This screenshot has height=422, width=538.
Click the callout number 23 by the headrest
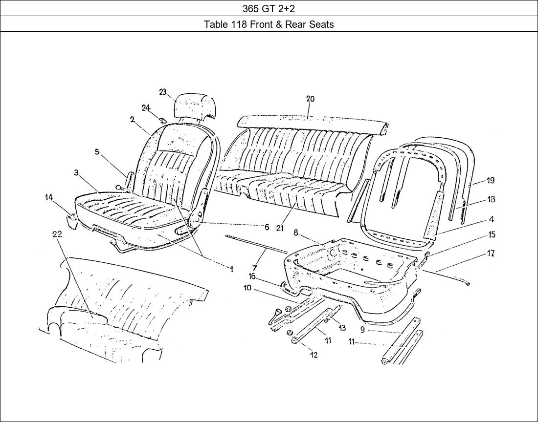(x=163, y=92)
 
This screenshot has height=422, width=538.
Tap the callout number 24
(x=146, y=108)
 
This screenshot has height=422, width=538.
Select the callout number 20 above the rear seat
(x=310, y=99)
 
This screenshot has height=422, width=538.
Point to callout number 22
(x=57, y=234)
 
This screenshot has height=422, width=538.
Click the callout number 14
(x=49, y=197)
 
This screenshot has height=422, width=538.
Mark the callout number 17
(x=491, y=253)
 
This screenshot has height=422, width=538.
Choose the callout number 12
(x=314, y=355)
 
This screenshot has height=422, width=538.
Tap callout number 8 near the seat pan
(x=296, y=233)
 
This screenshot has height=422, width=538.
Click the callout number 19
(x=490, y=180)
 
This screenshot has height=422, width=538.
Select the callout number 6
(x=267, y=228)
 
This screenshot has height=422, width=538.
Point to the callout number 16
(x=252, y=276)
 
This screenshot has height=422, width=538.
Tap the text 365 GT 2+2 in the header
(x=269, y=8)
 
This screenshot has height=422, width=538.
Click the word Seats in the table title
(x=321, y=24)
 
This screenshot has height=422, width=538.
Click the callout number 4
(x=491, y=219)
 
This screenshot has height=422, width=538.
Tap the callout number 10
(x=247, y=288)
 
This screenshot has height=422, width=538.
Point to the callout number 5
(x=97, y=152)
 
